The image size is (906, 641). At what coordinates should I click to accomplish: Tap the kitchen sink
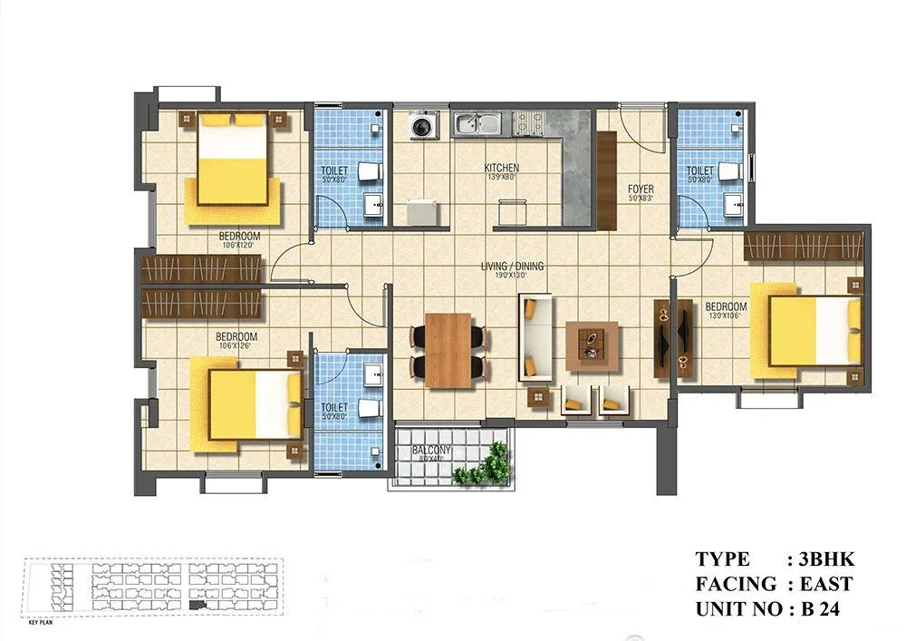click(477, 123)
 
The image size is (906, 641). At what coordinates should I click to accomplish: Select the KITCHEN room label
click(502, 168)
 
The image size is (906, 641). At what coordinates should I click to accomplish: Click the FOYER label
click(641, 189)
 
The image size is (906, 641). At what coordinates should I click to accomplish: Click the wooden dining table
click(448, 350)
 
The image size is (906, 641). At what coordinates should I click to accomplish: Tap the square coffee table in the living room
click(592, 345)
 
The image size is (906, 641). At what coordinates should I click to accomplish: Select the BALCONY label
click(432, 450)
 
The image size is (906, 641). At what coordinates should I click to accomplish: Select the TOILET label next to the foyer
click(699, 170)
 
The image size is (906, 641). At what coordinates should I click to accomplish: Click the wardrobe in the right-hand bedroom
click(802, 246)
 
